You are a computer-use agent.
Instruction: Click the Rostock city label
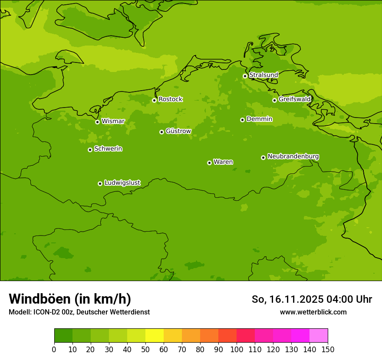point(170,99)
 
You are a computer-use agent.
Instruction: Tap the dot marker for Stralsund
point(245,76)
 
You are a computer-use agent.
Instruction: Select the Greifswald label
point(295,99)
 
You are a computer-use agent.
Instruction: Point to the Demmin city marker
point(242,120)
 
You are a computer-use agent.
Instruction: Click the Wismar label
point(113,121)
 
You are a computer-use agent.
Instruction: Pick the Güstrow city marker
point(161,132)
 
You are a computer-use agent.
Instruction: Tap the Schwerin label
point(108,149)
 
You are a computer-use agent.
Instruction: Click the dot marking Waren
point(209,163)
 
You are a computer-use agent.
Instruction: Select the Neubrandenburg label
point(293,156)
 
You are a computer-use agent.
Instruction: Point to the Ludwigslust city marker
point(100,183)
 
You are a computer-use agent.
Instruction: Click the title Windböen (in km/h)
point(70,299)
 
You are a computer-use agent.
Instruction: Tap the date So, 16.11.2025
point(287,299)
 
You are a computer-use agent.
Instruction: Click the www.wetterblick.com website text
point(313,312)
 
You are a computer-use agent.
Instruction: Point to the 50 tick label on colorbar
point(145,349)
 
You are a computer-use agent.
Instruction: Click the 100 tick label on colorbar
point(236,349)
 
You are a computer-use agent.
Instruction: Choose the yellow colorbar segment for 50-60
point(154,336)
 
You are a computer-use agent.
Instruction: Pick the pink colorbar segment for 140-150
point(318,336)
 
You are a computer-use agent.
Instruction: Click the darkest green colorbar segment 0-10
point(63,336)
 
